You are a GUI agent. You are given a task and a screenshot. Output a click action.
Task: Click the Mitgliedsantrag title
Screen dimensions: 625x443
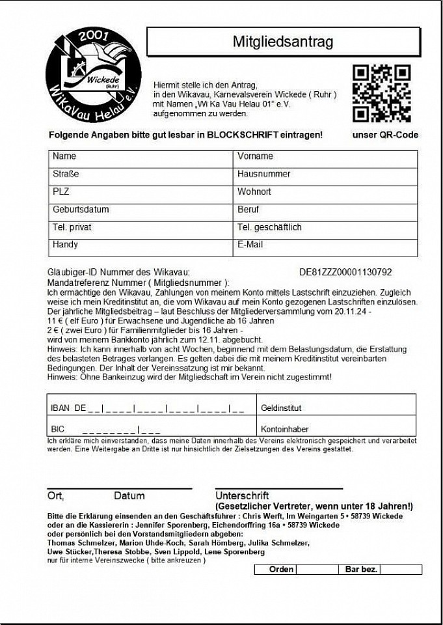pyautogui.click(x=283, y=42)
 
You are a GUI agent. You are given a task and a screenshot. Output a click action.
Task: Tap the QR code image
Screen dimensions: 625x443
pyautogui.click(x=381, y=93)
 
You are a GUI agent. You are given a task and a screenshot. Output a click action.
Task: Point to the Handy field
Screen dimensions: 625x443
pyautogui.click(x=141, y=247)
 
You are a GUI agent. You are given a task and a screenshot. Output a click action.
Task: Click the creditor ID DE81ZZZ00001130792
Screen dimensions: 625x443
pyautogui.click(x=345, y=272)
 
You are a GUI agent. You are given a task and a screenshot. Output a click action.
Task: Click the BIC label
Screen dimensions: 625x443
pyautogui.click(x=58, y=430)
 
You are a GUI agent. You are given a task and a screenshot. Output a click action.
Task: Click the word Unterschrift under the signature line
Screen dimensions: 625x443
pyautogui.click(x=242, y=496)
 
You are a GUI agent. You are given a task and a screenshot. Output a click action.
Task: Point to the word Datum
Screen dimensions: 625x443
pyautogui.click(x=129, y=496)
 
